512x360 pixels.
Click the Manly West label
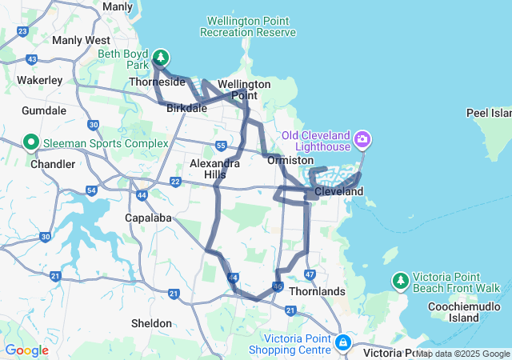point(80,39)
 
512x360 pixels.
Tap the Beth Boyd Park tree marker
point(162,57)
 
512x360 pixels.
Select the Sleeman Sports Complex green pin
point(32,143)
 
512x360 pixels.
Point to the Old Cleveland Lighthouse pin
point(363,140)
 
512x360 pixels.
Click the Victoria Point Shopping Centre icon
point(343,342)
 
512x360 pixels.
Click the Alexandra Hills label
point(214,168)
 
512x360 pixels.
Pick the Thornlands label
point(318,291)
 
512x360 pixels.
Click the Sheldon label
point(151,323)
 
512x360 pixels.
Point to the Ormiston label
point(290,160)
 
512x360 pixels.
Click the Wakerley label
point(39,80)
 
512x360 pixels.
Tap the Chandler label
point(52,164)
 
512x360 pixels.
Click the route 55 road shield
point(220,146)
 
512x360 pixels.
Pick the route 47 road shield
point(310,274)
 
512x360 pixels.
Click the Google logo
point(26,350)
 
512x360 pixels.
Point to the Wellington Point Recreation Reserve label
point(248,26)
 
